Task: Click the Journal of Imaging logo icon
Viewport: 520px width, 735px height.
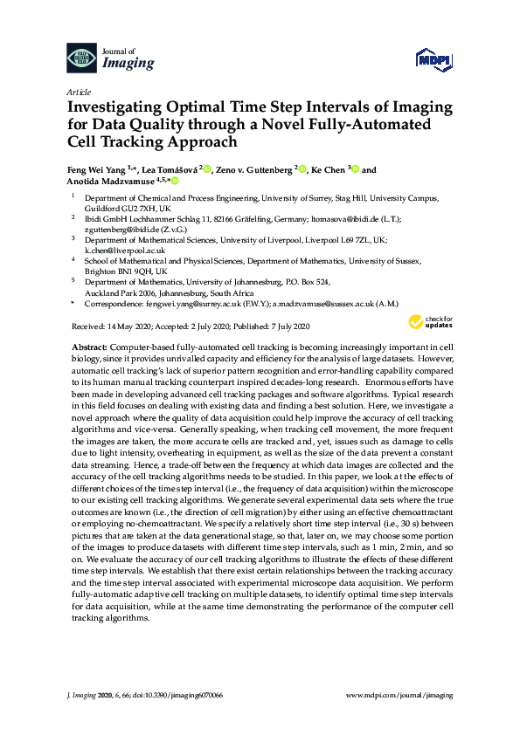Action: (x=82, y=58)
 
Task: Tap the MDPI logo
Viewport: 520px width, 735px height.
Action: (x=434, y=59)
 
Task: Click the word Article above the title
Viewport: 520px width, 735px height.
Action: (x=78, y=91)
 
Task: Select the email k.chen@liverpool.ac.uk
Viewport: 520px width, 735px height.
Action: (x=121, y=250)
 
